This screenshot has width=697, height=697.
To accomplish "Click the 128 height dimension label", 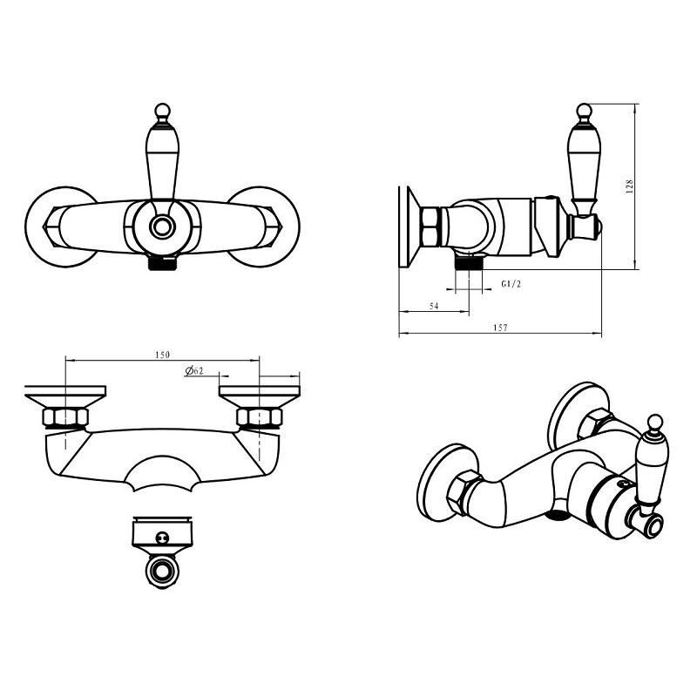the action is pos(629,186).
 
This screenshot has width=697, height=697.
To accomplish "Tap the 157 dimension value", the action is pos(500,328).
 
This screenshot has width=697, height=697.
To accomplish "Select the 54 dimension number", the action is pos(434,307).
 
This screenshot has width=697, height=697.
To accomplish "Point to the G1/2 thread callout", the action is pos(511,284).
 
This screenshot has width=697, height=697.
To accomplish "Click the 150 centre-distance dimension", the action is pos(162,355).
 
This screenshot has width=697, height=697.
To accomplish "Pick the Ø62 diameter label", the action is pos(194,370).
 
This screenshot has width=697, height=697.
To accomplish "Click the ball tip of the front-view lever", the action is pos(162,111).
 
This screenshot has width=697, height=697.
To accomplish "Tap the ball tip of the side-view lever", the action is pos(584,111).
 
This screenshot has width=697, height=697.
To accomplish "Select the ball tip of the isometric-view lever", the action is pos(655,422).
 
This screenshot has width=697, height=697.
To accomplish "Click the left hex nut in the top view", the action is pos(65,417).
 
